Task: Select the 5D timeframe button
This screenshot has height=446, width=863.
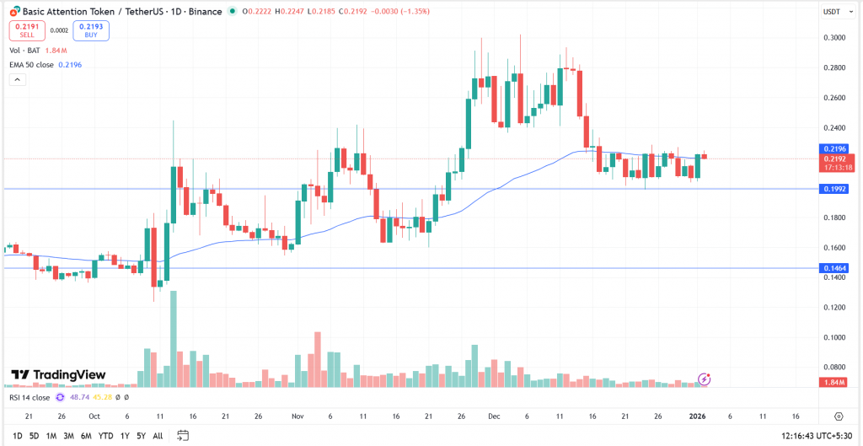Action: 34,436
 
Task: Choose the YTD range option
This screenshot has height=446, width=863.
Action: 105,436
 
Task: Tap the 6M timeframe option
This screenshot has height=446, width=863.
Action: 86,436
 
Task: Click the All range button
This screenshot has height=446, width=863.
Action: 158,436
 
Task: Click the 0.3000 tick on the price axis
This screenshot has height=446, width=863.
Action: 835,38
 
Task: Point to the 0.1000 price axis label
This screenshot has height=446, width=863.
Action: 835,337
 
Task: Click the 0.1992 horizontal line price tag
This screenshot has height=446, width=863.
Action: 835,189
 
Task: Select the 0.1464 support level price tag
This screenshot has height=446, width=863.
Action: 835,268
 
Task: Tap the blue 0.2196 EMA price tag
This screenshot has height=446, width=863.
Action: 835,148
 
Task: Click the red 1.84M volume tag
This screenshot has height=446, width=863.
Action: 835,384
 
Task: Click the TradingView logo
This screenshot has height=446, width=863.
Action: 58,375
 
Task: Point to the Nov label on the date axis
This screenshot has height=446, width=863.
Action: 297,416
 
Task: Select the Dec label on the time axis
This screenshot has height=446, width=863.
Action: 494,416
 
